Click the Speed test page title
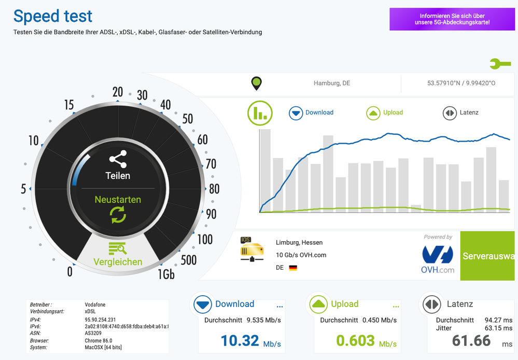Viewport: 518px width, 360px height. click(x=53, y=16)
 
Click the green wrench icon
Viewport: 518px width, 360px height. click(x=500, y=64)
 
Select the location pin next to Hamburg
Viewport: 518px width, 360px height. click(x=256, y=83)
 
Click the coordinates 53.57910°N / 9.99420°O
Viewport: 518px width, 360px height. click(x=461, y=83)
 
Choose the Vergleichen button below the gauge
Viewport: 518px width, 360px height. click(x=118, y=255)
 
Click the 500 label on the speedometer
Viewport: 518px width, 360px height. click(x=188, y=259)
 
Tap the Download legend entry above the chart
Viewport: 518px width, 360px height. click(x=311, y=113)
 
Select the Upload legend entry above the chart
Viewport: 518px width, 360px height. click(x=385, y=113)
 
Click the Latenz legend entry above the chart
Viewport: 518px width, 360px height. click(x=460, y=113)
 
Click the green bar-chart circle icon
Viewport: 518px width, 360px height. click(x=260, y=113)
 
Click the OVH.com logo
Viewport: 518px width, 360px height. click(x=438, y=259)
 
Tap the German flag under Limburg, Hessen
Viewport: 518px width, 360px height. click(x=293, y=268)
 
